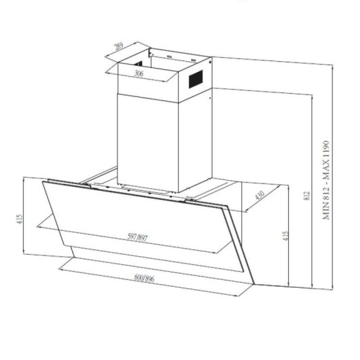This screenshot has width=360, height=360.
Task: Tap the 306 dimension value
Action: pyautogui.click(x=139, y=73)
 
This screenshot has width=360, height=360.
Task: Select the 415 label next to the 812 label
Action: pyautogui.click(x=287, y=235)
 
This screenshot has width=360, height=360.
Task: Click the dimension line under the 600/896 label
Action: pyautogui.click(x=149, y=285)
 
